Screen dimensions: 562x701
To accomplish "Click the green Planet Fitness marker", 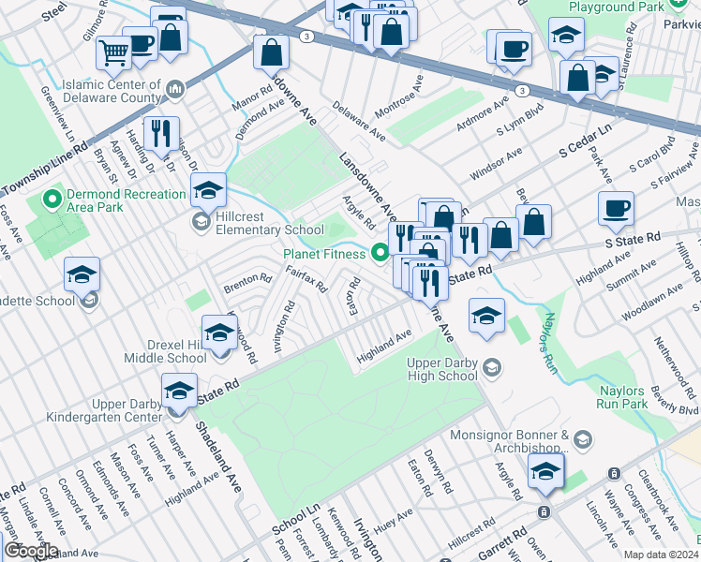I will click(x=380, y=251).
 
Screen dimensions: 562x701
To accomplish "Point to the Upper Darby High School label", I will click(x=443, y=369).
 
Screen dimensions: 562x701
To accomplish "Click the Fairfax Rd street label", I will click(x=305, y=276).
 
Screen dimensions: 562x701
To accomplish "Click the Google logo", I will click(x=31, y=551).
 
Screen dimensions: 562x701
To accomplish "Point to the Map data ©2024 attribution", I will click(x=660, y=555).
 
